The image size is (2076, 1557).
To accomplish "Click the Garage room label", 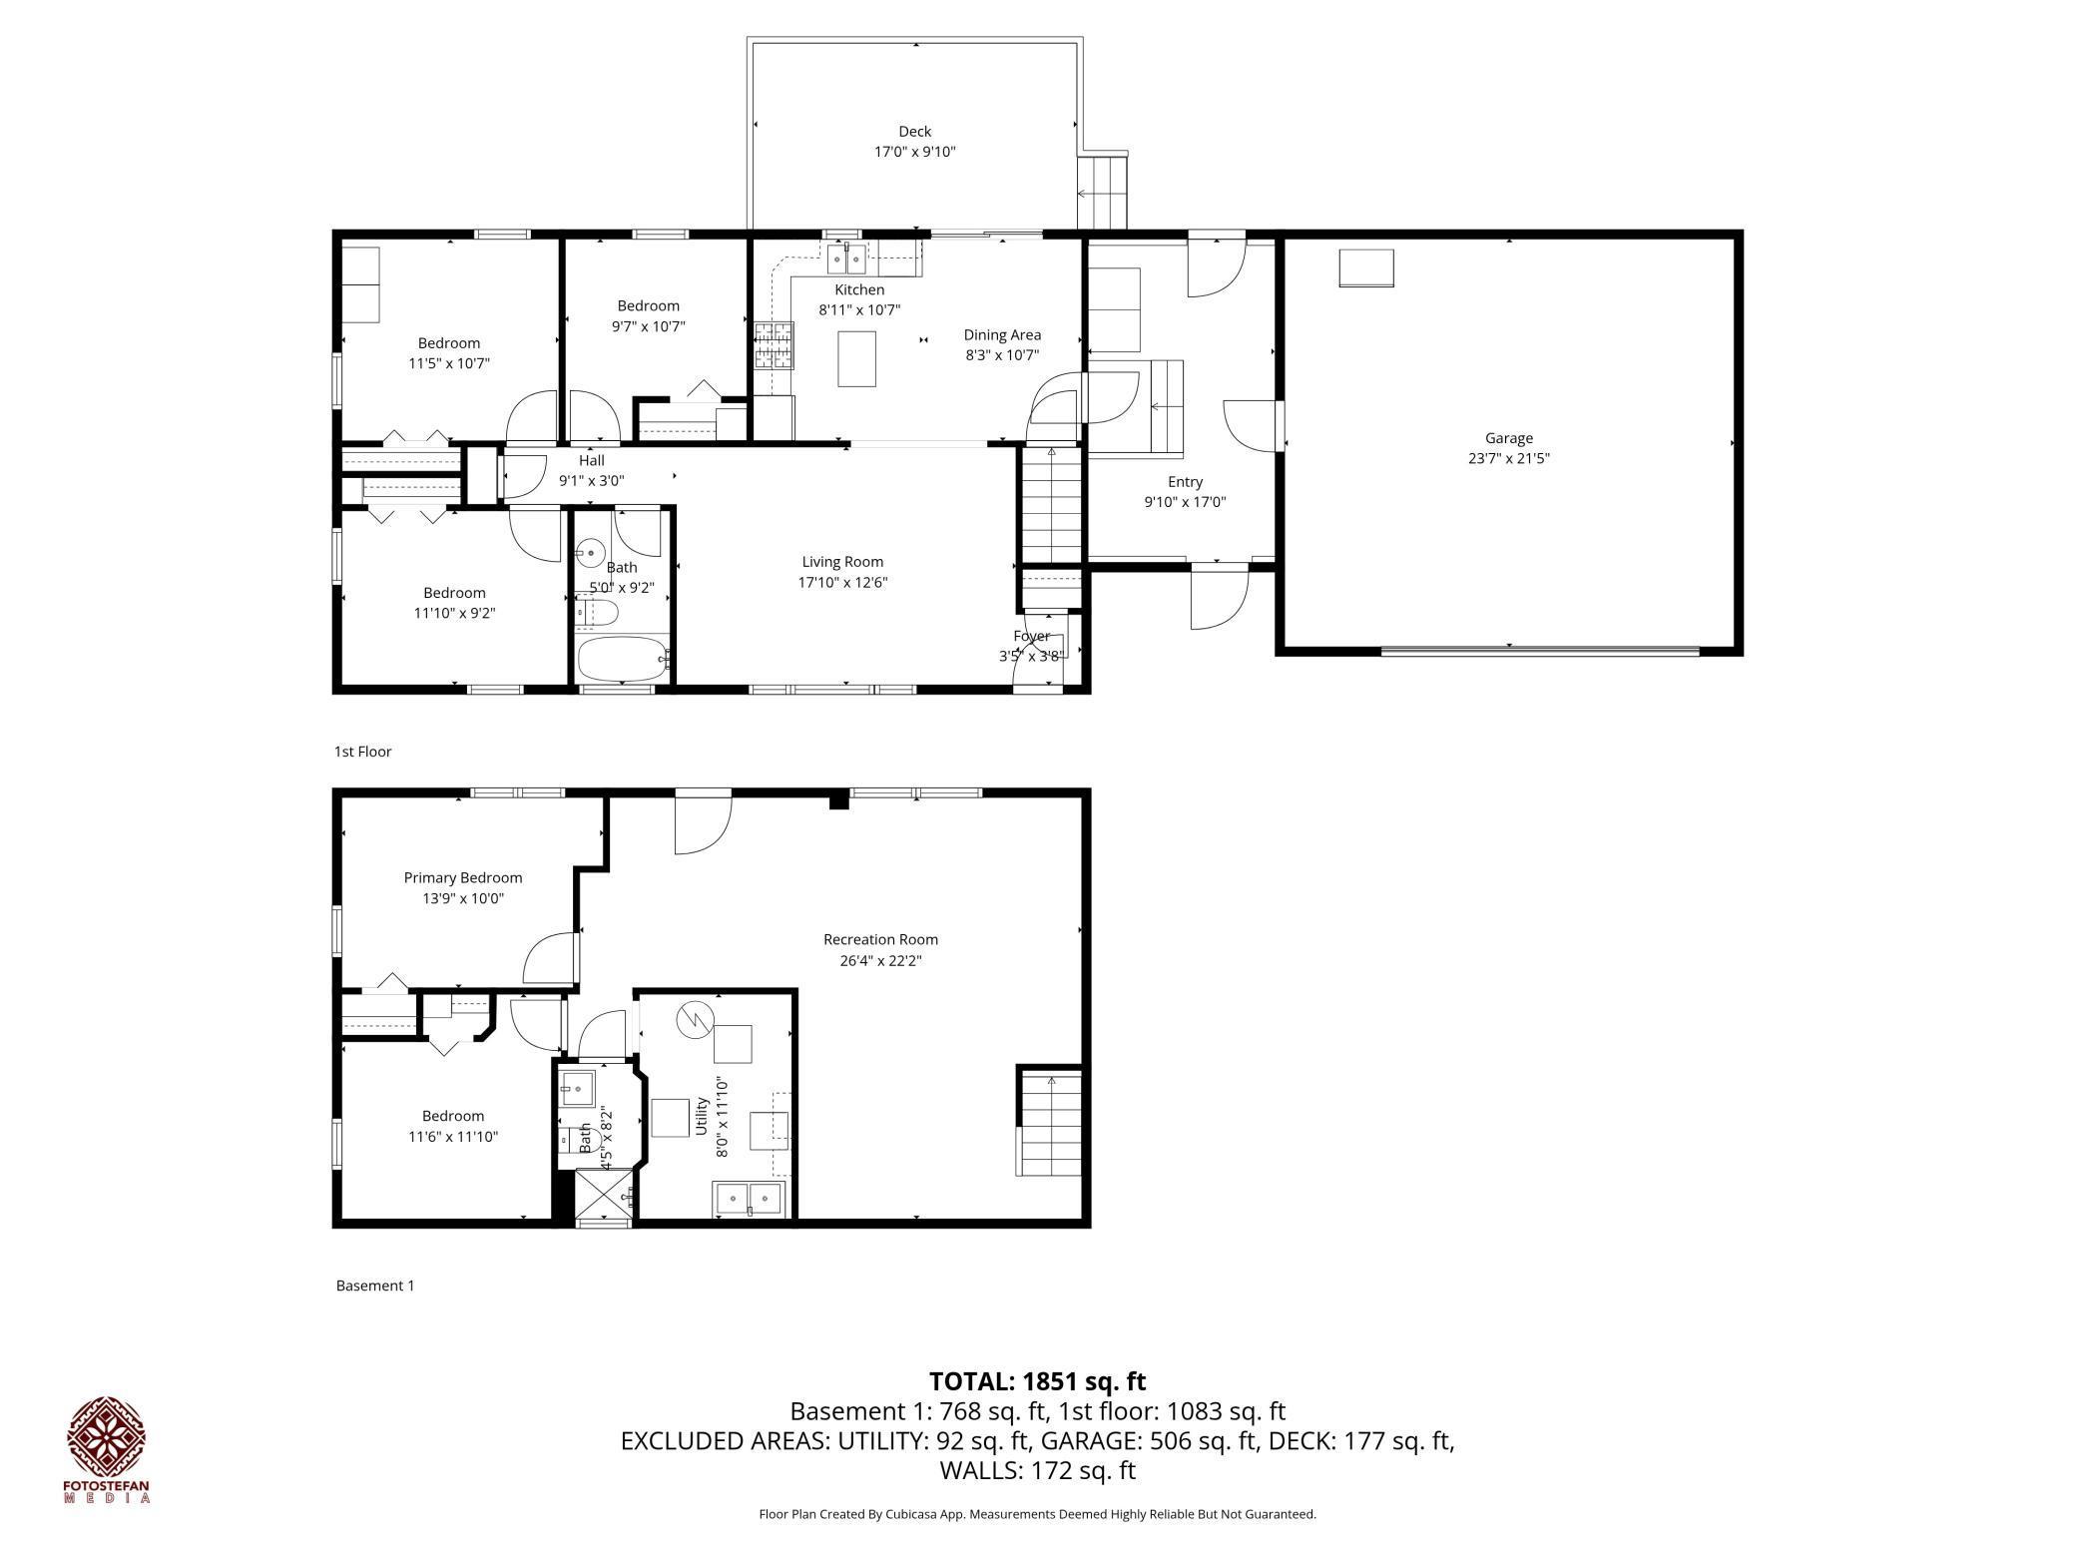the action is point(1508,437).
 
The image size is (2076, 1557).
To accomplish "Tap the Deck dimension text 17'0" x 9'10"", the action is point(914,152).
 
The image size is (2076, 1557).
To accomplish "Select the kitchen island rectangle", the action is point(856,358).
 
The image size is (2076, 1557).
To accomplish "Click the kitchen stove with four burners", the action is point(775,345).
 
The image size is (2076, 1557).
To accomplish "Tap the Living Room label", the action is point(842,562).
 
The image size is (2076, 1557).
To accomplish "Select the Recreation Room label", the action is point(880,939).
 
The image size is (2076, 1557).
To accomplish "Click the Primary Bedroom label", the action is point(462,878).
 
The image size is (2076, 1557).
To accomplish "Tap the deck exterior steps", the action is point(1102,192).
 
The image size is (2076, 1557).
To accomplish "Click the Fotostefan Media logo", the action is point(107,1448).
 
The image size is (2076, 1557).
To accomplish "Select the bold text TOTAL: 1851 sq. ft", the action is point(1037,1381).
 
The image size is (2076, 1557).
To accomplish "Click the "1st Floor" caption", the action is point(362,752).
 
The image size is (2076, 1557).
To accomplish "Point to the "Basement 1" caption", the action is point(374,1286).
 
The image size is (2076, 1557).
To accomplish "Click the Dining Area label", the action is point(1002,335).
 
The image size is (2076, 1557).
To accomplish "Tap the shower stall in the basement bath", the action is point(604,1197).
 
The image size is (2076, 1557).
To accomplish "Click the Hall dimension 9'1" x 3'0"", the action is point(591,480).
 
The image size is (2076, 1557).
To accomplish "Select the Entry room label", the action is point(1185,481).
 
